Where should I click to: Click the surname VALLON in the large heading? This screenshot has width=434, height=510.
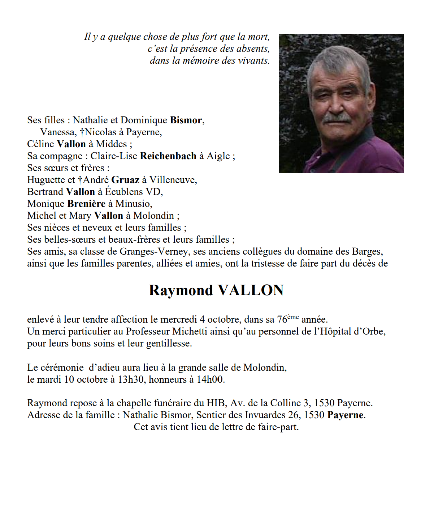pos(251,290)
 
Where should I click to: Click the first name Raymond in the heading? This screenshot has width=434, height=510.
pos(181,290)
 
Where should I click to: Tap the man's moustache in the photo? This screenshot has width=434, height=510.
pos(336,118)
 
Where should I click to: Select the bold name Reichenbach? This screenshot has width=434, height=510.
pos(168,156)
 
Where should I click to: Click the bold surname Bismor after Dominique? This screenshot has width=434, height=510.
pos(186,120)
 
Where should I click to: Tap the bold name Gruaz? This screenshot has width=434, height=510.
pos(125,180)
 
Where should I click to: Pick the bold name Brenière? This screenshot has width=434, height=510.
pos(86,204)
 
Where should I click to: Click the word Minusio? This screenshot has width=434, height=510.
pos(133,204)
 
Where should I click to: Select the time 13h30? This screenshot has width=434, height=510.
pos(131,379)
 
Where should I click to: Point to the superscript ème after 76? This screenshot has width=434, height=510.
pos(293,317)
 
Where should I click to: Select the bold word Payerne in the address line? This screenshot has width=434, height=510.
pos(346,415)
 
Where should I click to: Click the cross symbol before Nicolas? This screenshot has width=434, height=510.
pos(82,132)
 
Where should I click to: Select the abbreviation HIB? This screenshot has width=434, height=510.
pos(216,403)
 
